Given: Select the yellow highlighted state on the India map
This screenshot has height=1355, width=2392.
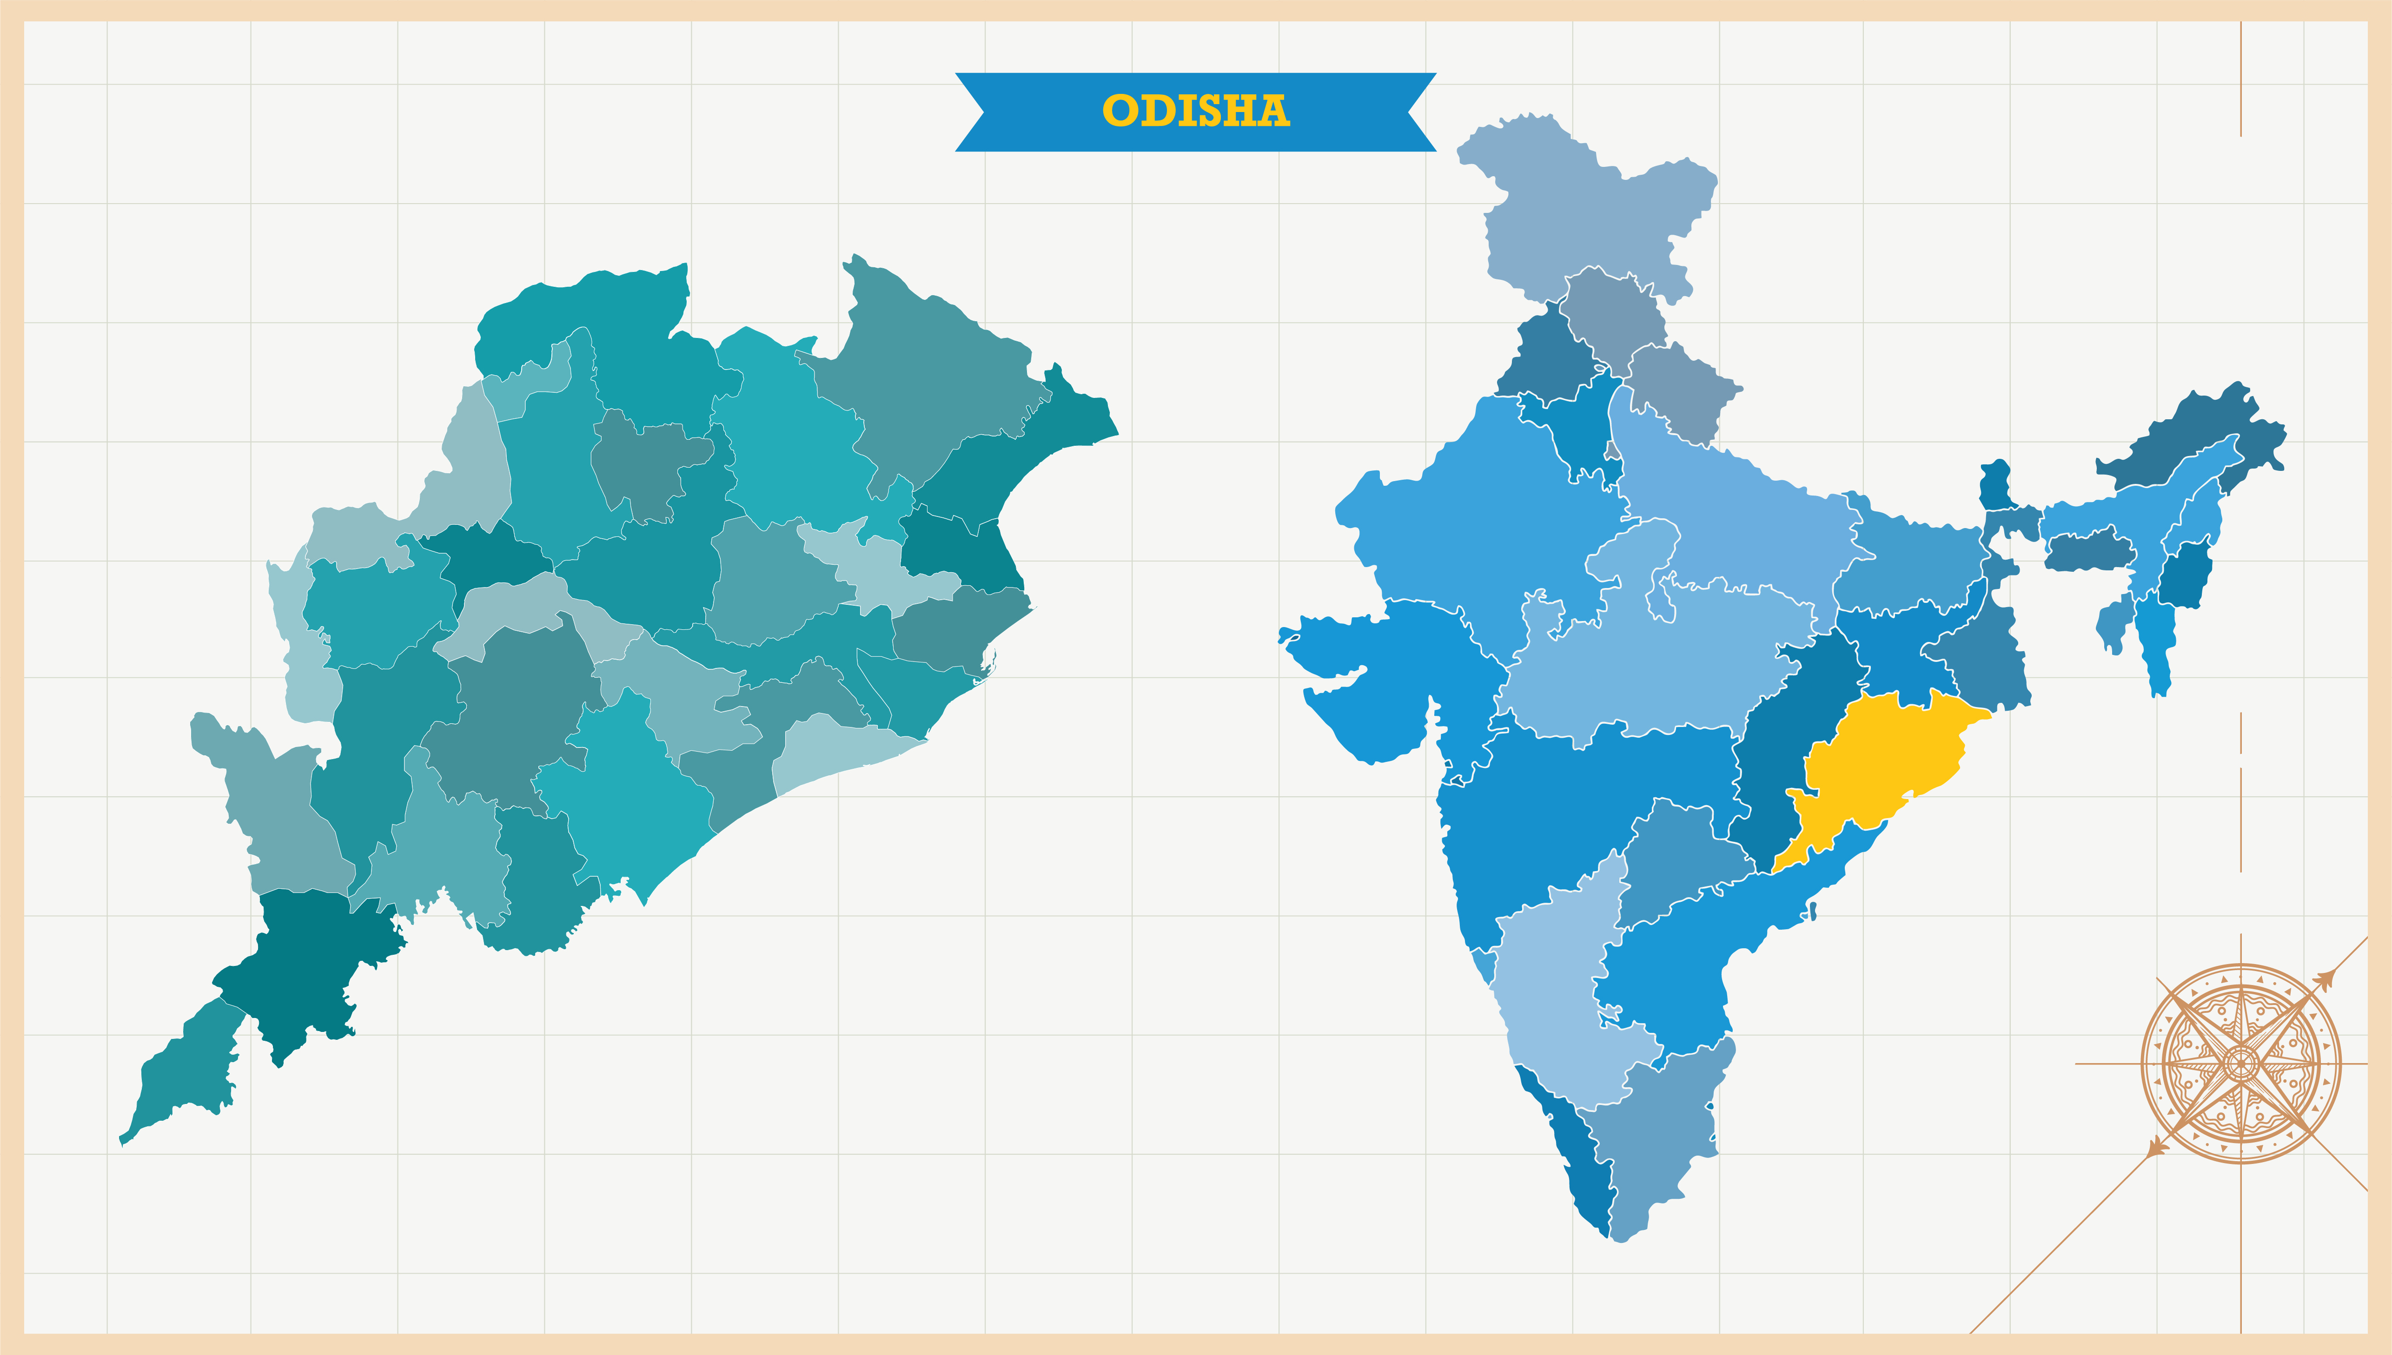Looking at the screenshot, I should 1880,763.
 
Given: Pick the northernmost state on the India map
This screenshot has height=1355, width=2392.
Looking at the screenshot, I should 1582,205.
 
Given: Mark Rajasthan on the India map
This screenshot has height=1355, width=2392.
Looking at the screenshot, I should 1471,521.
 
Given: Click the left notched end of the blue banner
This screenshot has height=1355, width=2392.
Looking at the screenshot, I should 973,112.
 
